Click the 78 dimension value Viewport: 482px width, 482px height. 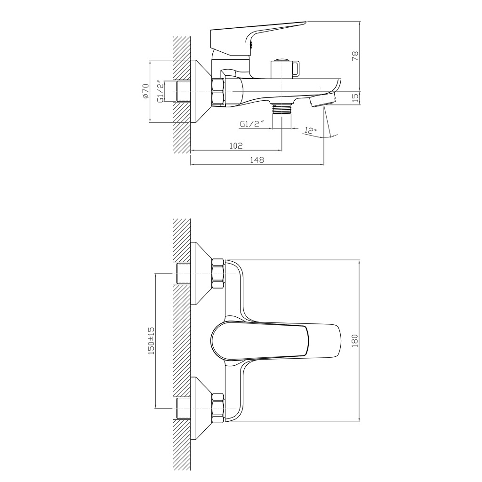[x=355, y=56]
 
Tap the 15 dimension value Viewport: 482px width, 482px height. [x=355, y=97]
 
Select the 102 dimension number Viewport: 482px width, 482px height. [x=236, y=145]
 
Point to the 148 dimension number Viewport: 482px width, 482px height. [x=257, y=160]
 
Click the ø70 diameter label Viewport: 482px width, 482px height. [x=145, y=91]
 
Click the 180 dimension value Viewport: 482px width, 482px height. [x=355, y=341]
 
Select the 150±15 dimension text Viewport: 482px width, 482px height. [x=151, y=341]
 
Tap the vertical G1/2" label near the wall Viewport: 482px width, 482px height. [x=160, y=91]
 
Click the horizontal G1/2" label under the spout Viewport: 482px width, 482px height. [x=252, y=124]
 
